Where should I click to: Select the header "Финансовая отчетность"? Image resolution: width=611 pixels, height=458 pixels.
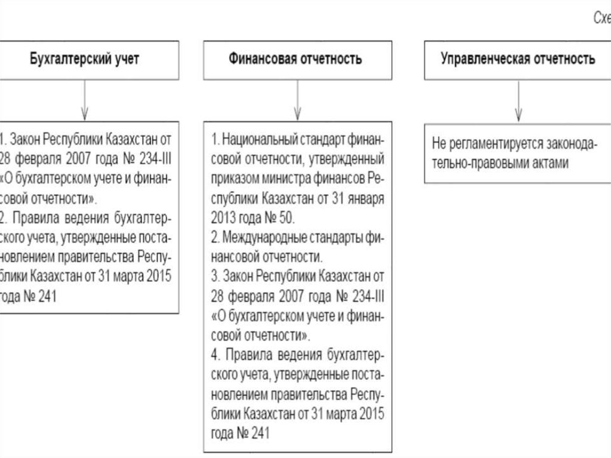(295, 60)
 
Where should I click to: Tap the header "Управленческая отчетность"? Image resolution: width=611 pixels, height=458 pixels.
(517, 60)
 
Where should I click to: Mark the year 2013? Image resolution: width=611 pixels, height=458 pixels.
(223, 217)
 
